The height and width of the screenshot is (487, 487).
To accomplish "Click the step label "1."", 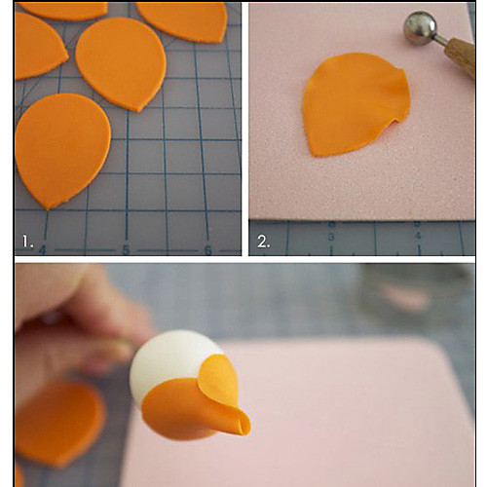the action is point(27,242).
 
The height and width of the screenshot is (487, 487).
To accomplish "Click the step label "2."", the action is point(264,242).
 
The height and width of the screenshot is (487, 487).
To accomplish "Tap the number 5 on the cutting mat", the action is point(126,249).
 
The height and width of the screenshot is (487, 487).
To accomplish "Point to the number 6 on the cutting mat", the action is point(208,249).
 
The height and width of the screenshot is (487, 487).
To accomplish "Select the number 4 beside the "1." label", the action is point(43,249).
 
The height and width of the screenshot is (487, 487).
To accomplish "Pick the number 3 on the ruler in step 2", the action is point(331,237).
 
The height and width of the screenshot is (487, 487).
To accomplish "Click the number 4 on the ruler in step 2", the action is point(418,236).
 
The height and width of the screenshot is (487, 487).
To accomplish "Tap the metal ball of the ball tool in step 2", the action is point(421,27).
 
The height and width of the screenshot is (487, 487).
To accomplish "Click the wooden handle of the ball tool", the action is point(461,56).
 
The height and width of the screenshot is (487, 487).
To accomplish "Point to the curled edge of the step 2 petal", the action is point(397,120).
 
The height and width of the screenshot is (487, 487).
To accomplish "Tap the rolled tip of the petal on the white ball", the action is point(243,426).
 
